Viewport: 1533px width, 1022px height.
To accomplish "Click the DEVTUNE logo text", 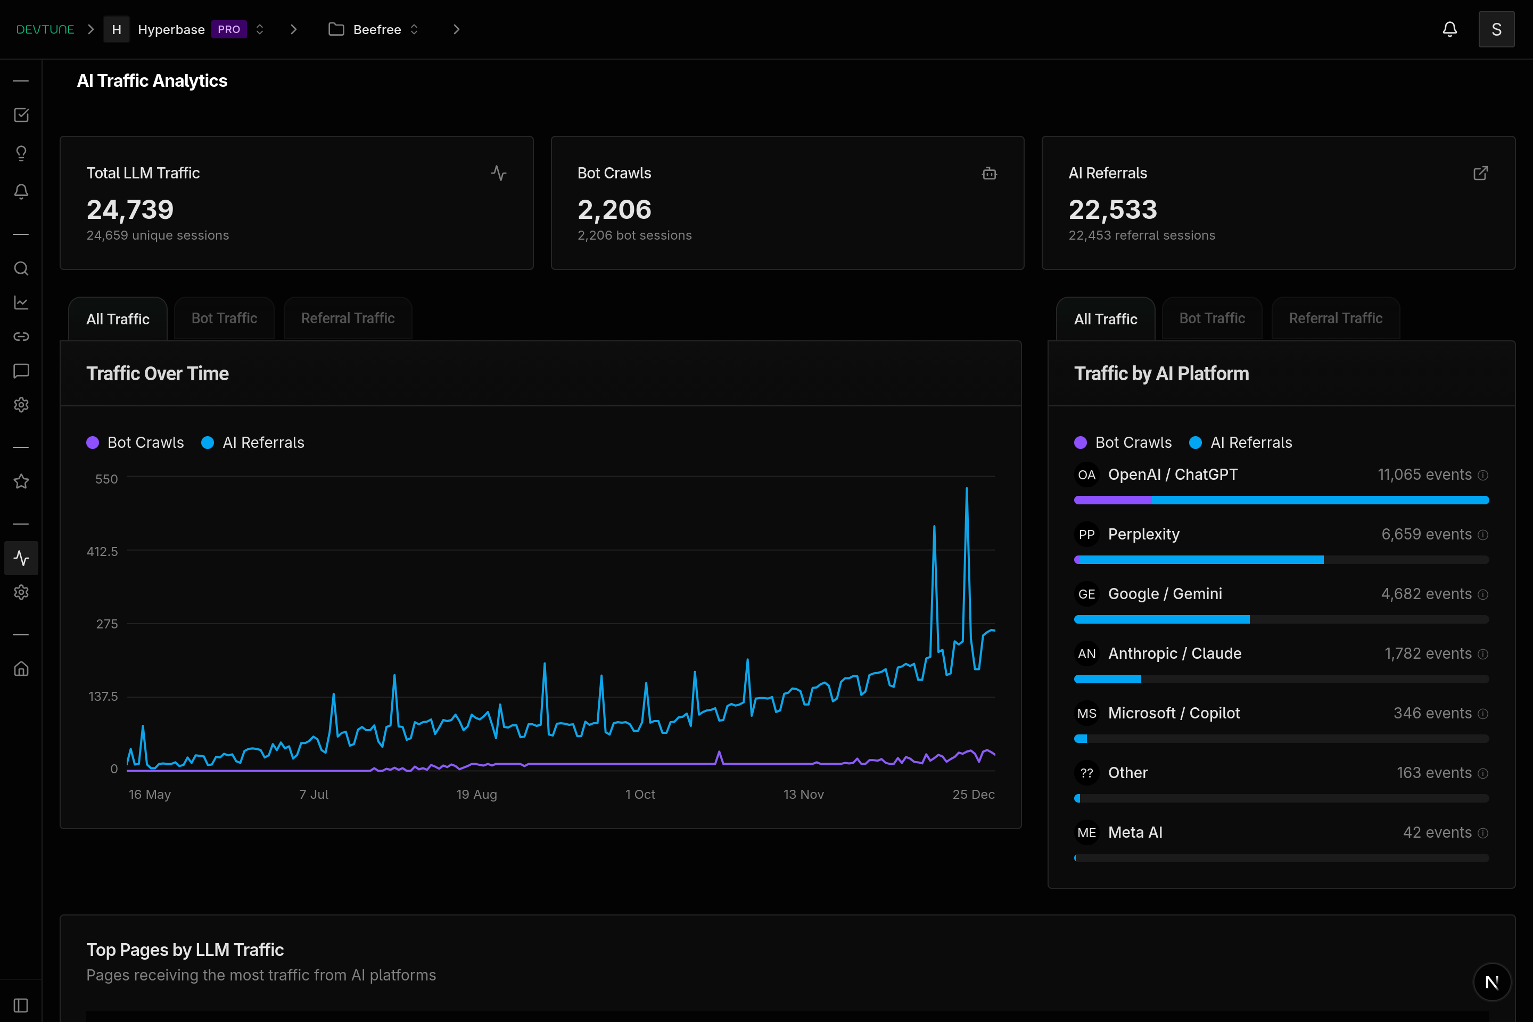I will pyautogui.click(x=45, y=29).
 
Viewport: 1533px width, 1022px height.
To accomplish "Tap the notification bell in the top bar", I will pyautogui.click(x=1449, y=29).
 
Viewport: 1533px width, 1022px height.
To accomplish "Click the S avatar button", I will pyautogui.click(x=1496, y=29).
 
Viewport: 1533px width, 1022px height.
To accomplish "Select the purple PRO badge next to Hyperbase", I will pyautogui.click(x=229, y=29).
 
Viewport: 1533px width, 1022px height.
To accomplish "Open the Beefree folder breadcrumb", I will pyautogui.click(x=376, y=29).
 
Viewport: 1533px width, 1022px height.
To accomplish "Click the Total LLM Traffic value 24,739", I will pyautogui.click(x=130, y=209).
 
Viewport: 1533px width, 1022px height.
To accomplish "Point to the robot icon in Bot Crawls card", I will pyautogui.click(x=988, y=174).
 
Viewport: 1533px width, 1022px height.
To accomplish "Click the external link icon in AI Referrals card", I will pyautogui.click(x=1480, y=174).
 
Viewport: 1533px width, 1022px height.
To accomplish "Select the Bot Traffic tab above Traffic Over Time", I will pyautogui.click(x=224, y=318).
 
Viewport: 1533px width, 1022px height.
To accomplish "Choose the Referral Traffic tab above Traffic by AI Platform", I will pyautogui.click(x=1335, y=318).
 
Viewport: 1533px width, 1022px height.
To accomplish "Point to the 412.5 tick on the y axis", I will pyautogui.click(x=102, y=551).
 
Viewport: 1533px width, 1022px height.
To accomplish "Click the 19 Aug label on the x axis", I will pyautogui.click(x=476, y=794).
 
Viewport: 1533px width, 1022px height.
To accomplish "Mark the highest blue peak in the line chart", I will pyautogui.click(x=966, y=489).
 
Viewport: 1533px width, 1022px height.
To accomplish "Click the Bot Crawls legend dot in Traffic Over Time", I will pyautogui.click(x=93, y=443).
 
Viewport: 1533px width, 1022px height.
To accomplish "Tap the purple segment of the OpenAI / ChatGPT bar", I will pyautogui.click(x=1112, y=500).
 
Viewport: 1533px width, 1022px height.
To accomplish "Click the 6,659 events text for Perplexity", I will pyautogui.click(x=1425, y=535).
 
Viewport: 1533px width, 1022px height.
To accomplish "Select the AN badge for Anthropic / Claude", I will pyautogui.click(x=1086, y=654).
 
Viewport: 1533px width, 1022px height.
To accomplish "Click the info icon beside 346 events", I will pyautogui.click(x=1482, y=714).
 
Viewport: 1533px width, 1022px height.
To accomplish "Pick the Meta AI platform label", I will pyautogui.click(x=1134, y=832).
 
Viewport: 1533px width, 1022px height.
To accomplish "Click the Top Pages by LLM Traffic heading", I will pyautogui.click(x=185, y=950).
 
